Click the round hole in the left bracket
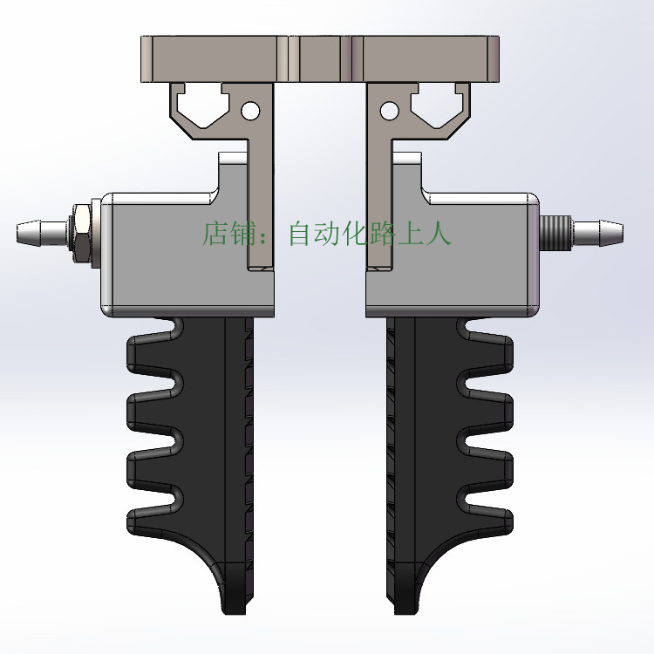[250, 111]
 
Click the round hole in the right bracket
[390, 111]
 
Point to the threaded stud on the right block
[555, 233]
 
